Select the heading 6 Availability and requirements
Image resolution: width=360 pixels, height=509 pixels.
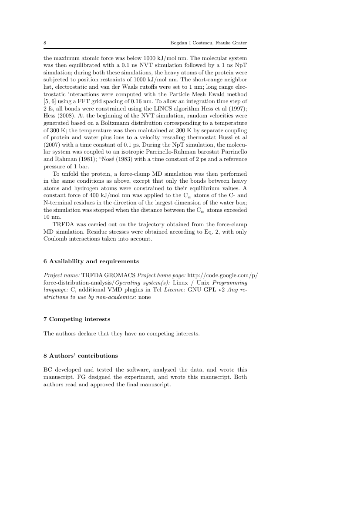click(x=91, y=261)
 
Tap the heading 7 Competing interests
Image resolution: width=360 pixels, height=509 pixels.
click(x=77, y=319)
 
